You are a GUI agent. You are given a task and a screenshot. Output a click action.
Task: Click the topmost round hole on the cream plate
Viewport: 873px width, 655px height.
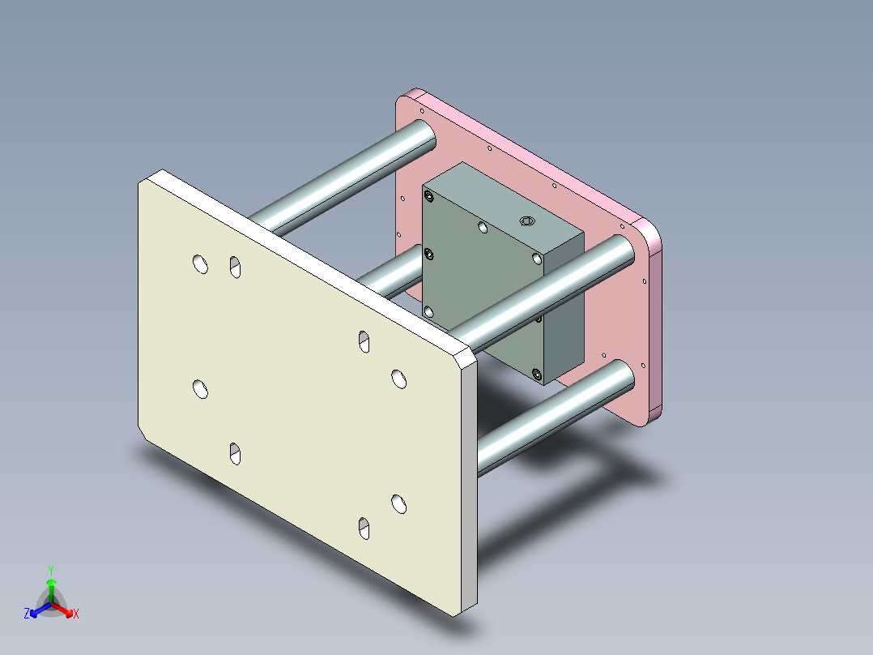(199, 263)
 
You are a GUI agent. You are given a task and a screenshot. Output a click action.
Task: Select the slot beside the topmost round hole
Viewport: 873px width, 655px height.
(235, 267)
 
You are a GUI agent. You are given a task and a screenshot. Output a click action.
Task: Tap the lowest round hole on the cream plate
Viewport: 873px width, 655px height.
(398, 503)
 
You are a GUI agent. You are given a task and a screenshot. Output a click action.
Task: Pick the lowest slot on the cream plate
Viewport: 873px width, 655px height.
(364, 528)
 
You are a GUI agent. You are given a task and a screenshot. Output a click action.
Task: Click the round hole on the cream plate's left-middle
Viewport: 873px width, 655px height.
(200, 389)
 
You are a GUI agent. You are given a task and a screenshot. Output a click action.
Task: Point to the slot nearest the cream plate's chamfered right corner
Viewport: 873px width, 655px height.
(364, 341)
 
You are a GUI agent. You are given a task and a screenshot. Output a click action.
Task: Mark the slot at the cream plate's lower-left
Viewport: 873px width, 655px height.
(235, 453)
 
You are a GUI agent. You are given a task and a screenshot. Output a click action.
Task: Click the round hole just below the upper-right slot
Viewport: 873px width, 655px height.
(398, 378)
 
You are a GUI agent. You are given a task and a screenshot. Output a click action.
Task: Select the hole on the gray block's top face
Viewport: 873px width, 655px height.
(526, 220)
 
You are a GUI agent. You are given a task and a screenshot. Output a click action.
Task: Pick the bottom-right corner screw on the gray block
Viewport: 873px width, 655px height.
(538, 374)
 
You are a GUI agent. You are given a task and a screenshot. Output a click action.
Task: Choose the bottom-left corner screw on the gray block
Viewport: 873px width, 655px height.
(428, 311)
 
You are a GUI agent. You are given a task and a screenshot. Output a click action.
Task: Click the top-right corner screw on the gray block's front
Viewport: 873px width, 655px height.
(537, 259)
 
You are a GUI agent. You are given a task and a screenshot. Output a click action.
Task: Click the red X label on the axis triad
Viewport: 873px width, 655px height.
(76, 614)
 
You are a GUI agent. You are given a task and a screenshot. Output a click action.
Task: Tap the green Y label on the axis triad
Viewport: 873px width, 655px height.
(50, 570)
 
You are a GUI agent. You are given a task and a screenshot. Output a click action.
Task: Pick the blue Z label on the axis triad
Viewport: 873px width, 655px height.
(27, 614)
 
